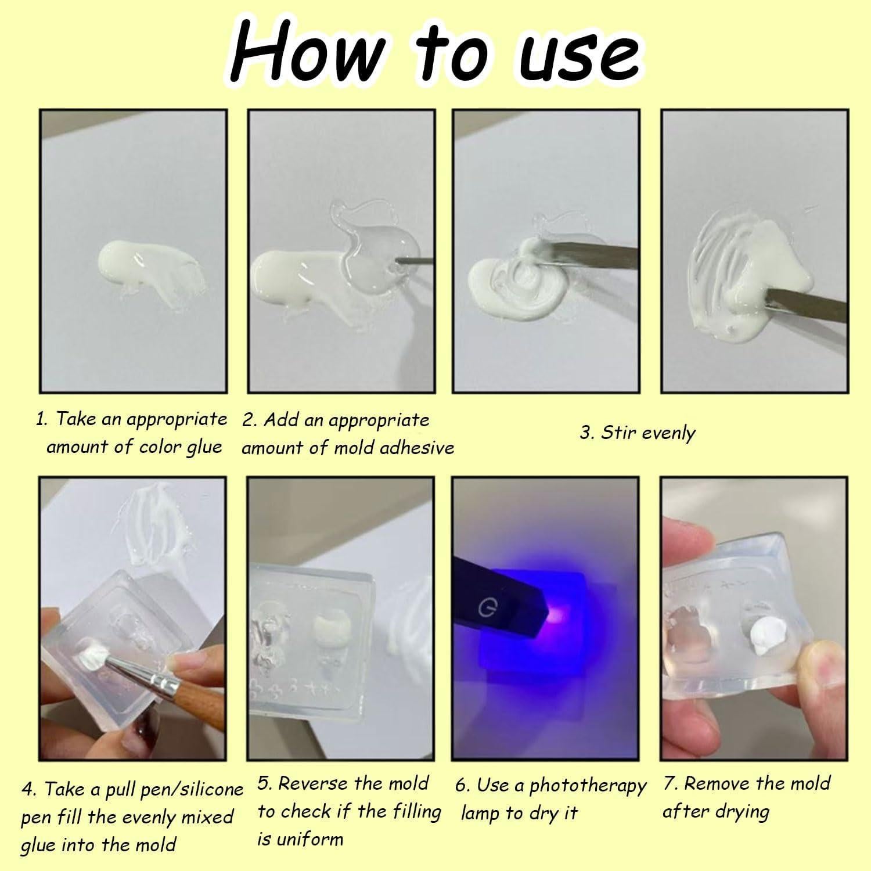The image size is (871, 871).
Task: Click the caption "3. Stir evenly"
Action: point(637,433)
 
